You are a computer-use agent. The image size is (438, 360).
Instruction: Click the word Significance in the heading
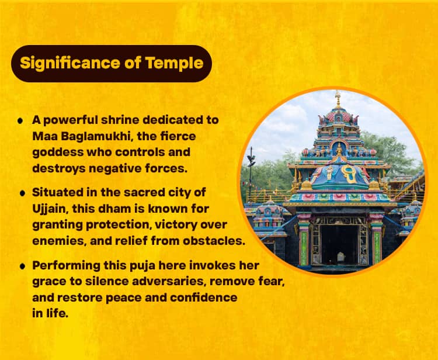[x=70, y=63]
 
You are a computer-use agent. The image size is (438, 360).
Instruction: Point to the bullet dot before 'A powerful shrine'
[x=20, y=121]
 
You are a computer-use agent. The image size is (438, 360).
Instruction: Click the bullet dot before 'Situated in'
[x=23, y=193]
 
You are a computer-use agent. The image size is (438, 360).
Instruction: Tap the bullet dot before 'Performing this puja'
[x=23, y=266]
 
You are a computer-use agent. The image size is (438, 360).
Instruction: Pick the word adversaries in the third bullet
[x=169, y=281]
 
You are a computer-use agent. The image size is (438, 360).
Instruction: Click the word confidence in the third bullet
[x=204, y=297]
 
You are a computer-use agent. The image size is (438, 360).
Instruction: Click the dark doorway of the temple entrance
[x=339, y=244]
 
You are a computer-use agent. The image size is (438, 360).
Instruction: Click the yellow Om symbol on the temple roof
[x=349, y=174]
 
